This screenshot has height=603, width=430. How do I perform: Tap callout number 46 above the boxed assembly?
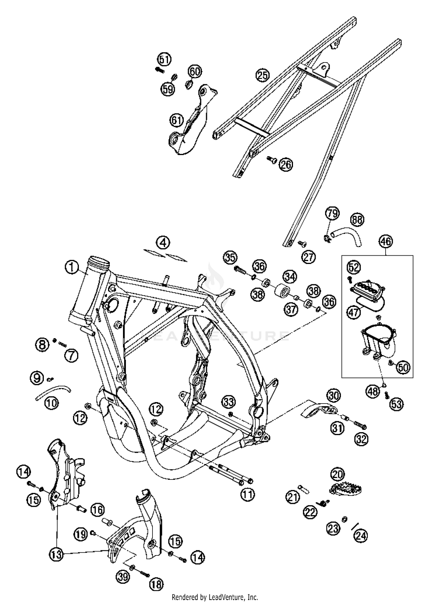point(386,241)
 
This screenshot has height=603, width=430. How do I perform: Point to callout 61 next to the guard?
point(176,120)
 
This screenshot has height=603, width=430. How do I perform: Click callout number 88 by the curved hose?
point(357,220)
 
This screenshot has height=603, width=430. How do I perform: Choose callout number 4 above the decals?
point(163,243)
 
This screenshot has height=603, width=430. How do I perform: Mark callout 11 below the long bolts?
point(247,494)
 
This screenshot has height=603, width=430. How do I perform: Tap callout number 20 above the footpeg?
point(337,474)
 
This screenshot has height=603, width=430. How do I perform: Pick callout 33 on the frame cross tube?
point(228,402)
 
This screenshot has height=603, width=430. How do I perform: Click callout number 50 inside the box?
point(403,367)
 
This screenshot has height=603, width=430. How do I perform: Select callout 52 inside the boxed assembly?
point(354,267)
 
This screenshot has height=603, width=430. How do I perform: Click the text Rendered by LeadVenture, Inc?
point(215,597)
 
